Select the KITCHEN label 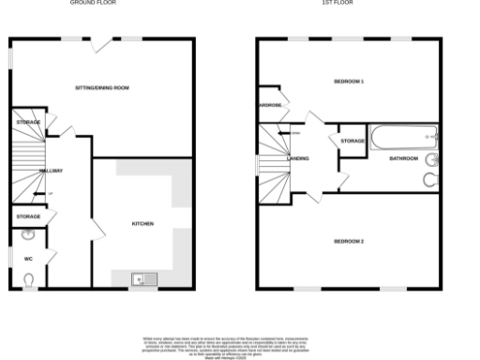click(142, 223)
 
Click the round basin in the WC click(29, 235)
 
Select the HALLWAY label click(51, 171)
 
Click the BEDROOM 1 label click(349, 82)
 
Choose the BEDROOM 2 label click(348, 241)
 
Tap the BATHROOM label click(404, 158)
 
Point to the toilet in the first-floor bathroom click(429, 179)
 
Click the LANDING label click(298, 158)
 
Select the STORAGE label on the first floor click(352, 141)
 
